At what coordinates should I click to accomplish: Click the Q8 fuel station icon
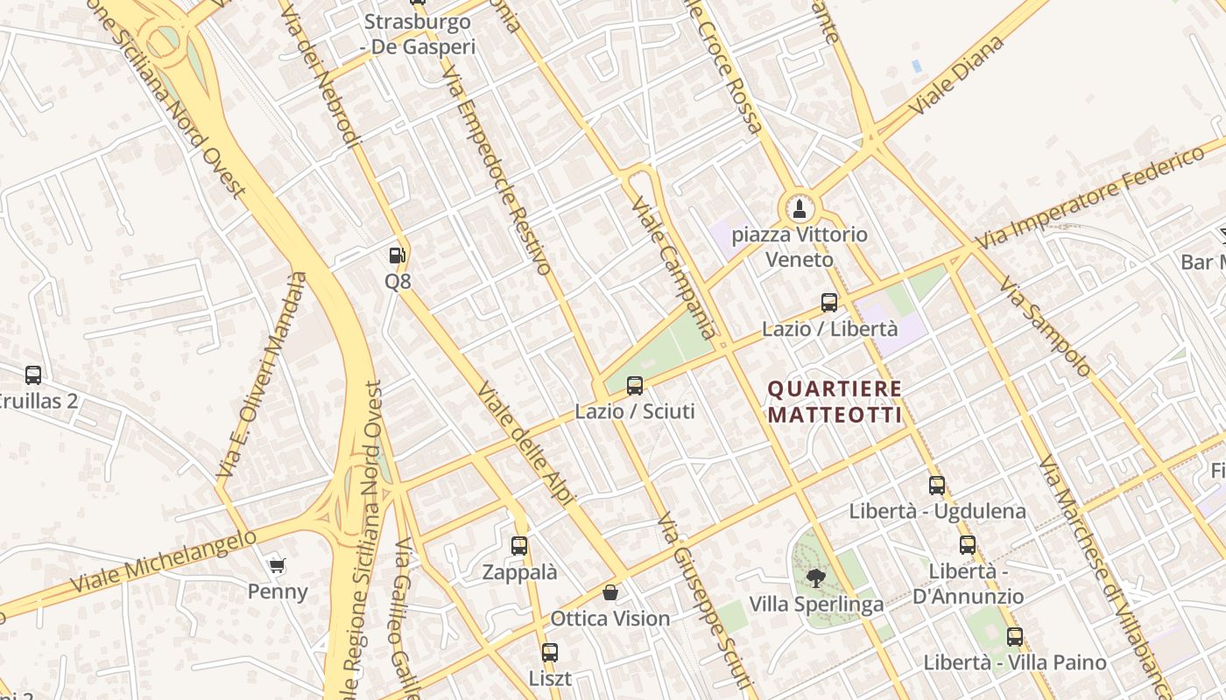398,255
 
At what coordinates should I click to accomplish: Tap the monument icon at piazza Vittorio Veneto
798,209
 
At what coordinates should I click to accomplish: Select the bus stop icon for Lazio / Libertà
829,303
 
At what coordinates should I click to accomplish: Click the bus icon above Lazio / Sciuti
635,385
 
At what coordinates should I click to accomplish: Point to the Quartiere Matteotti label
835,402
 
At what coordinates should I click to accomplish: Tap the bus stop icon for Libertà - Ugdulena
937,485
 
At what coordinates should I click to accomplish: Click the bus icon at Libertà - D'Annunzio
968,545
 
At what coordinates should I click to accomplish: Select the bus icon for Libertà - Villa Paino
1015,637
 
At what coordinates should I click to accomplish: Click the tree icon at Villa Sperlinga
816,578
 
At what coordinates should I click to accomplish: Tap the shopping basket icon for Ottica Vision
610,592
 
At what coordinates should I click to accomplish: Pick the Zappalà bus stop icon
519,546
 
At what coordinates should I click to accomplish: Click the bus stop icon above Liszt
550,652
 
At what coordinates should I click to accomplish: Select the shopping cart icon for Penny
278,565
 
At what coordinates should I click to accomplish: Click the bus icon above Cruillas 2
33,375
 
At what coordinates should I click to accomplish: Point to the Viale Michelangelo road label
164,561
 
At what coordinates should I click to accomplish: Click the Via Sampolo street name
1046,326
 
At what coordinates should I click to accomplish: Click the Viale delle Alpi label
526,444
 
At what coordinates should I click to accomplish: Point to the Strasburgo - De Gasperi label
419,34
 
